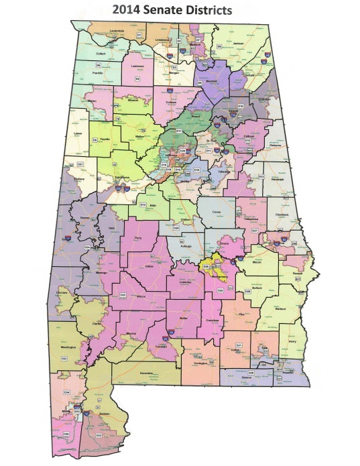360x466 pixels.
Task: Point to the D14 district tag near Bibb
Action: tap(142, 204)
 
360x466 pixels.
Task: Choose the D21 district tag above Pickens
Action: tap(80, 164)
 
